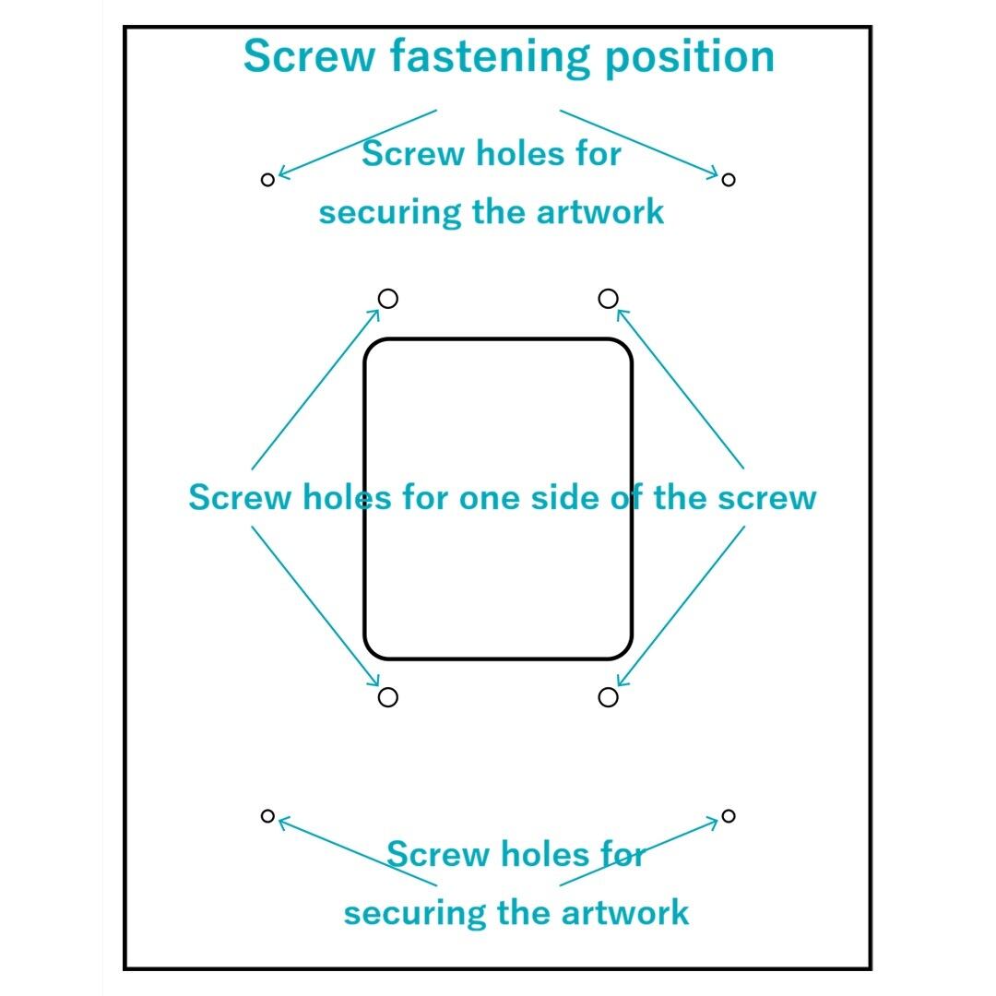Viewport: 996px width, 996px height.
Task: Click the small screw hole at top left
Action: pyautogui.click(x=267, y=180)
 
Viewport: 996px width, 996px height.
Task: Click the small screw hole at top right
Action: pyautogui.click(x=728, y=180)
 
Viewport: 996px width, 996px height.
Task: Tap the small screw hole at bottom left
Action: pyautogui.click(x=267, y=815)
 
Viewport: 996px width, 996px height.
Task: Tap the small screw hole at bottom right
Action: pyautogui.click(x=728, y=815)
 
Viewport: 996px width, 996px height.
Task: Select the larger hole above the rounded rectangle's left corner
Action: pyautogui.click(x=388, y=299)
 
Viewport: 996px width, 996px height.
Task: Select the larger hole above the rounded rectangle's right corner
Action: pyautogui.click(x=608, y=299)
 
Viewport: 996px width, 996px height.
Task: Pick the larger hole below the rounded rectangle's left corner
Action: pyautogui.click(x=388, y=697)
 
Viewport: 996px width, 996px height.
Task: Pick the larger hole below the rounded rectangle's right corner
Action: pyautogui.click(x=608, y=697)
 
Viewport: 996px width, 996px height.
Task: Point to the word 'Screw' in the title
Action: pyautogui.click(x=309, y=57)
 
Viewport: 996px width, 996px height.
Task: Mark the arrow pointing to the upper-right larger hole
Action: pyautogui.click(x=680, y=388)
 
